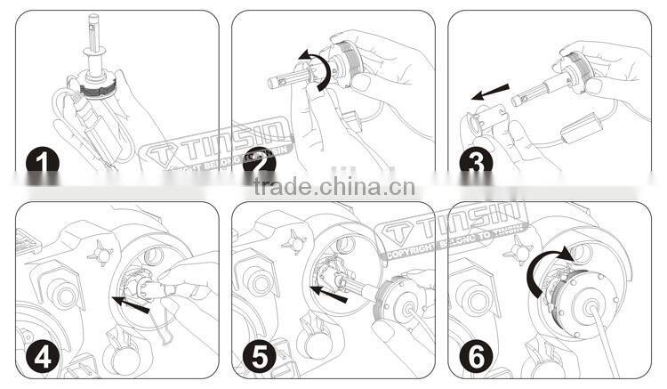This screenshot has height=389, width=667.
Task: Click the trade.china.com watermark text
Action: [333, 188]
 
